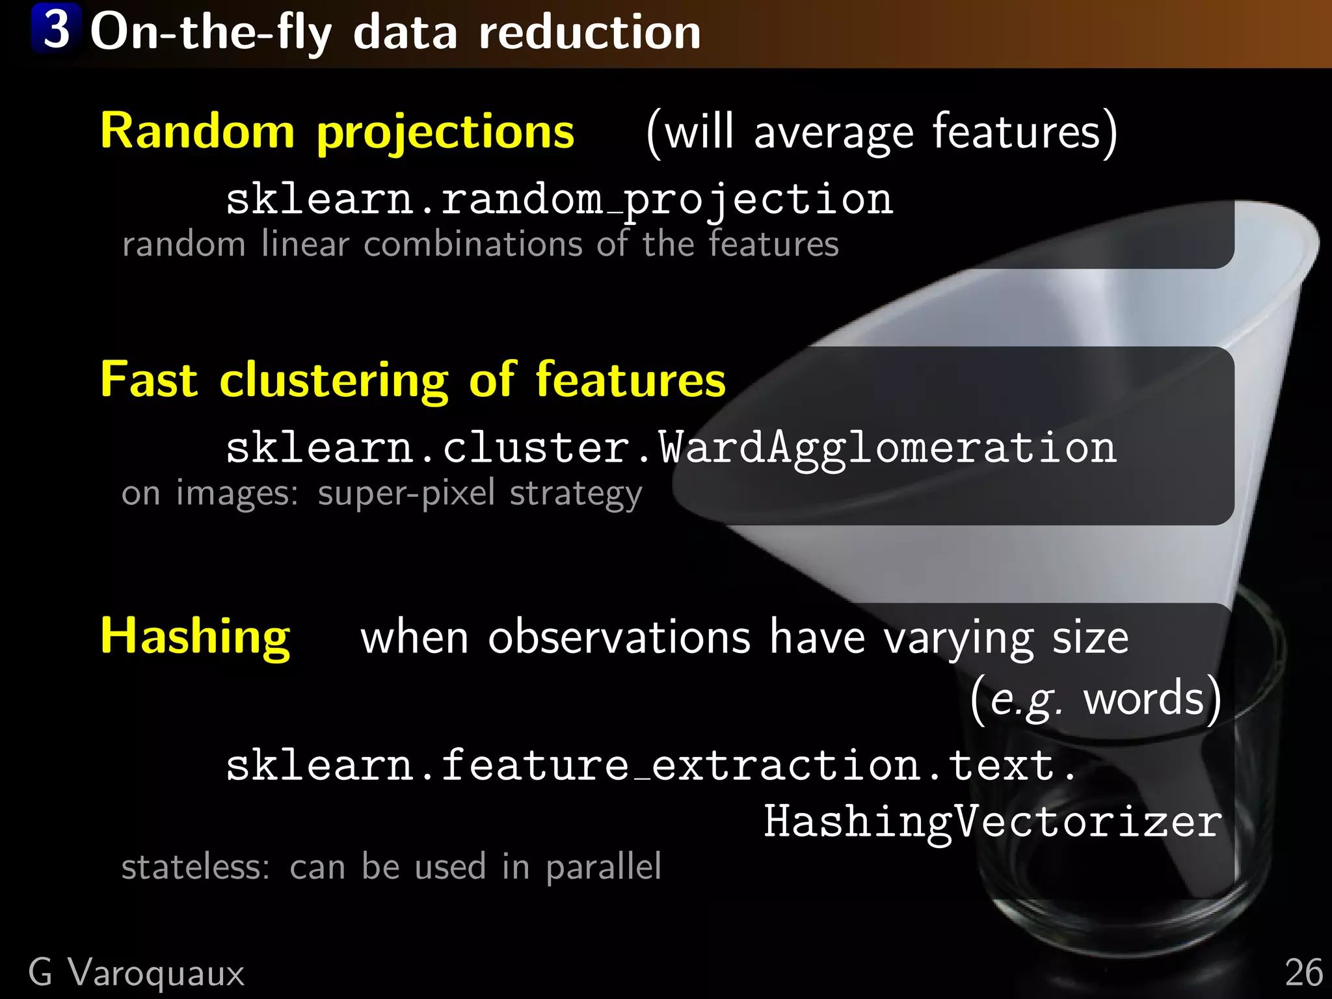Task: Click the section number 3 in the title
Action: coord(57,29)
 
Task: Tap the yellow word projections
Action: coord(446,133)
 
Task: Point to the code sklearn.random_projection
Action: coord(559,200)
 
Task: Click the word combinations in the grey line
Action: coord(473,245)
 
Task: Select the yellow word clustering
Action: coord(334,381)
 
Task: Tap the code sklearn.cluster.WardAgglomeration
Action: coord(671,449)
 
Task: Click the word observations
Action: coord(619,637)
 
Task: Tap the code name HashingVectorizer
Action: coord(992,822)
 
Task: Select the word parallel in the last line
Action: coord(603,868)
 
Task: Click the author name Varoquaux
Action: coord(156,974)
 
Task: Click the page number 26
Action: coord(1303,974)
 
